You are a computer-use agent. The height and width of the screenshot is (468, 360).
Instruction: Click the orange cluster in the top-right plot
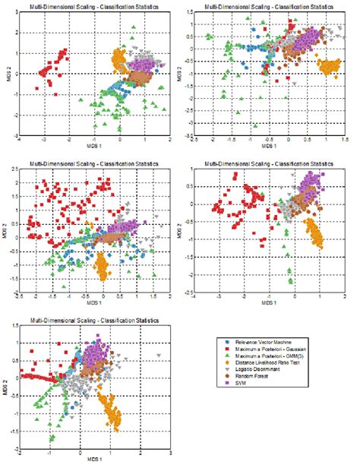point(330,67)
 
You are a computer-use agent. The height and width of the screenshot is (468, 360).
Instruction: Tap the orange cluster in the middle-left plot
point(103,266)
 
